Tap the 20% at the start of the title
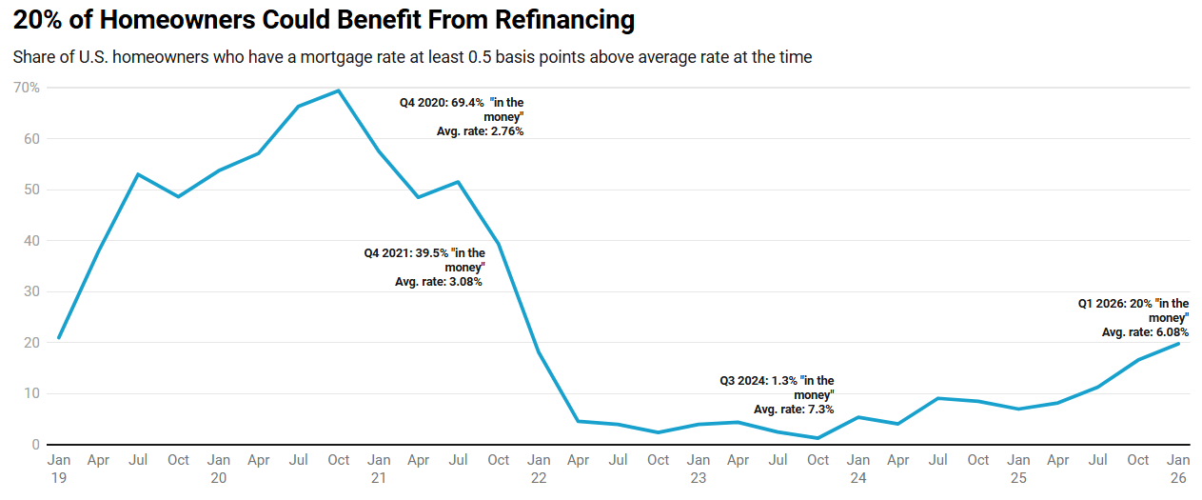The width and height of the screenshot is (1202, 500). [37, 19]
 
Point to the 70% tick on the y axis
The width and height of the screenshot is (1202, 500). [26, 88]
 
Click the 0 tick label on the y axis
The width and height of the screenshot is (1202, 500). [35, 445]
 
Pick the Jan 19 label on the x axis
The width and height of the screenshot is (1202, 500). [58, 468]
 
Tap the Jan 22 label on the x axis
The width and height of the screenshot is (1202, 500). [539, 468]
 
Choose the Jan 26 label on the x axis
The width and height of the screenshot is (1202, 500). [1178, 468]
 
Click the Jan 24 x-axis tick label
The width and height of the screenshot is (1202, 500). [858, 468]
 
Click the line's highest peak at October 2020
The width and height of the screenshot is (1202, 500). [339, 90]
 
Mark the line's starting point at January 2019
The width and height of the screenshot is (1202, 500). [59, 337]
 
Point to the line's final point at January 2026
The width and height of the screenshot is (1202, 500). [1179, 343]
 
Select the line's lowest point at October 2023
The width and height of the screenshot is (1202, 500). [818, 438]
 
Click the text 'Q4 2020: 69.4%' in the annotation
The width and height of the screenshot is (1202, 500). [442, 102]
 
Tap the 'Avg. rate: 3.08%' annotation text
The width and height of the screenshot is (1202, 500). [439, 282]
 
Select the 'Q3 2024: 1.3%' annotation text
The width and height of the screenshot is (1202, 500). [759, 381]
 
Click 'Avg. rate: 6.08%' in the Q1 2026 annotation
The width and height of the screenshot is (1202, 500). [1145, 332]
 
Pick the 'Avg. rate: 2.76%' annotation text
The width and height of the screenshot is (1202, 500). [480, 131]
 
